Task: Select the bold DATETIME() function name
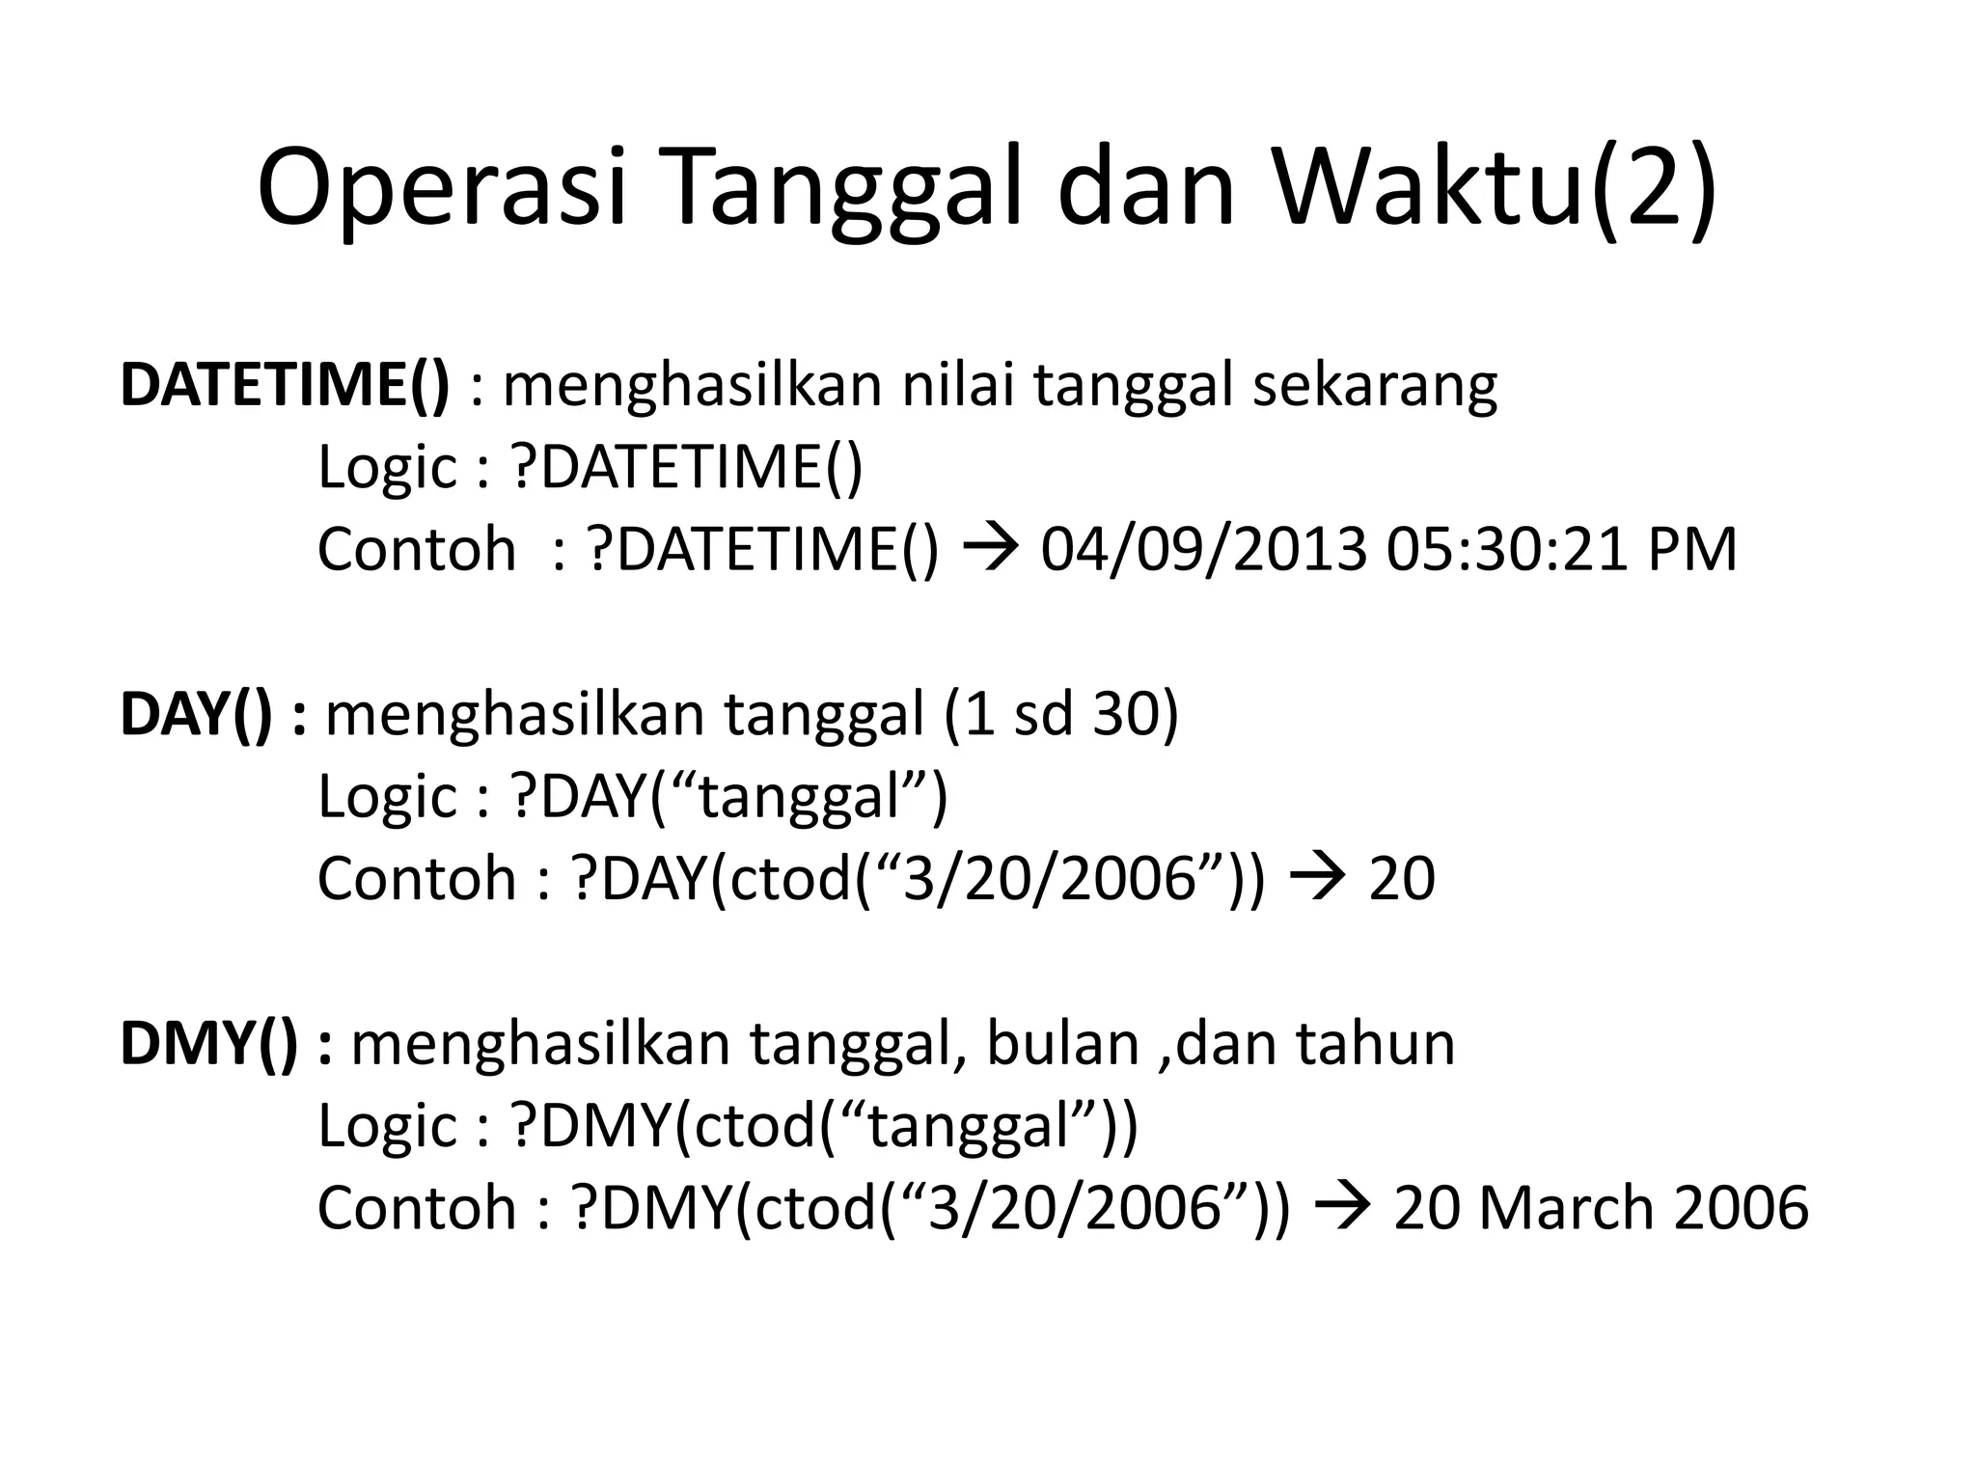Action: (x=285, y=385)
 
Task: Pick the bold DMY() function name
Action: (x=208, y=1044)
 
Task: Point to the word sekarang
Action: (x=1375, y=385)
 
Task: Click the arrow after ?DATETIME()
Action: (x=989, y=550)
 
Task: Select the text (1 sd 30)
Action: (x=1061, y=715)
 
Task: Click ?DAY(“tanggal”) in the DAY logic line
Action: (x=729, y=797)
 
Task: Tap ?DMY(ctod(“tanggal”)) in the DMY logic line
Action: (x=825, y=1126)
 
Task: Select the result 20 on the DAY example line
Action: (x=1402, y=879)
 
